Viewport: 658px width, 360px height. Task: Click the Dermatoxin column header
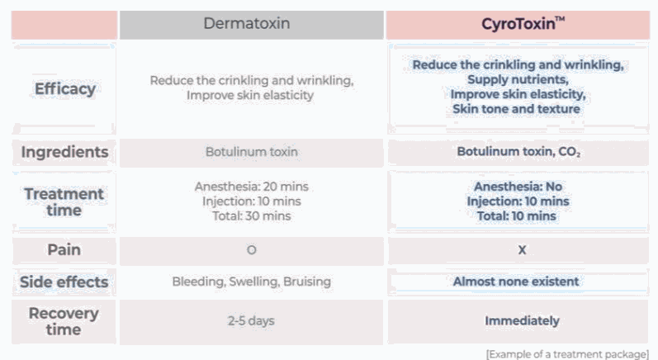[247, 23]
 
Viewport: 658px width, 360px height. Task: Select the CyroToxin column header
[523, 23]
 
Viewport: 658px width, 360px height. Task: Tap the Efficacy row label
[65, 89]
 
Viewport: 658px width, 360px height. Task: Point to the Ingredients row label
[64, 152]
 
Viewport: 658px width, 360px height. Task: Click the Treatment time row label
[64, 201]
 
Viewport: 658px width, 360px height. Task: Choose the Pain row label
[64, 249]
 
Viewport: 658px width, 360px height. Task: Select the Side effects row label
[64, 282]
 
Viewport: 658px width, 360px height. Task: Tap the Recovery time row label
[64, 321]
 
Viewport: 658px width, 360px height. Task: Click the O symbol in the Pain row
[251, 250]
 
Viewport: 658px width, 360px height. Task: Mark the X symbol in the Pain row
[522, 250]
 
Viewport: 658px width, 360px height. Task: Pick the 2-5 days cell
[251, 321]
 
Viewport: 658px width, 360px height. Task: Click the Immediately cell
[522, 321]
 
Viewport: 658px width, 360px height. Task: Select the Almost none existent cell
[516, 282]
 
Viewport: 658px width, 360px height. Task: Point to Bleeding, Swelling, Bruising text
[251, 282]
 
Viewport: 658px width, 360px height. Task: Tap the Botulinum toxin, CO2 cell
[518, 151]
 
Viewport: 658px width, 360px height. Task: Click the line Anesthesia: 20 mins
[251, 187]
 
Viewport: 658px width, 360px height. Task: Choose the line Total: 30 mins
[251, 216]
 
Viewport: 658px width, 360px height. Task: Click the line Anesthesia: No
[518, 187]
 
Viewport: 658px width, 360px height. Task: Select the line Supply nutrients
[518, 79]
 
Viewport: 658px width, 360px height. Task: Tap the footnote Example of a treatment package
[567, 354]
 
